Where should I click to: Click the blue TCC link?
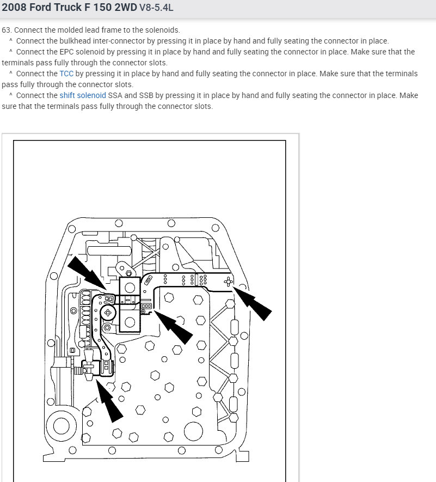[66, 74]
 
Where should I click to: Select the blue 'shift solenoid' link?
[83, 95]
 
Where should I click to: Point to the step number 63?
[6, 30]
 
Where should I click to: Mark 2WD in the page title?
[125, 8]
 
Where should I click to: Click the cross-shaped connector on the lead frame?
[229, 281]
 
